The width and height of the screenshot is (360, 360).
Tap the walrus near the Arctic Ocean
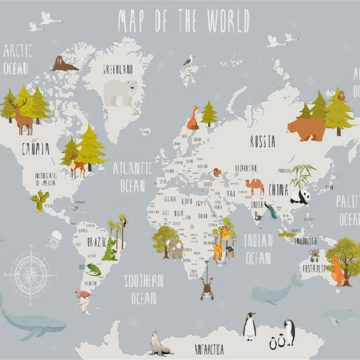click(x=64, y=65)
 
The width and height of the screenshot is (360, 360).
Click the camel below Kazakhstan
click(x=255, y=186)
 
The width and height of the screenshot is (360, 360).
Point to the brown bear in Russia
click(x=306, y=129)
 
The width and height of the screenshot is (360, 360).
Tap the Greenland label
click(x=118, y=69)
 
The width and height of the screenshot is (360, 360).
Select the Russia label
click(x=262, y=142)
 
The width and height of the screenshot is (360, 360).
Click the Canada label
click(x=35, y=149)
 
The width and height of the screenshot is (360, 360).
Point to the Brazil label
click(x=96, y=241)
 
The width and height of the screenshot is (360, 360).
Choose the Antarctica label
click(x=209, y=349)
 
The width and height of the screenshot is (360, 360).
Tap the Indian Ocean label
click(x=259, y=248)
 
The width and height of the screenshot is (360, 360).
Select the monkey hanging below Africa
click(x=207, y=287)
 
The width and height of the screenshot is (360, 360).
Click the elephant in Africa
click(x=175, y=249)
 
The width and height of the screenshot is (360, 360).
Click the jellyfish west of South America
click(x=55, y=239)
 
